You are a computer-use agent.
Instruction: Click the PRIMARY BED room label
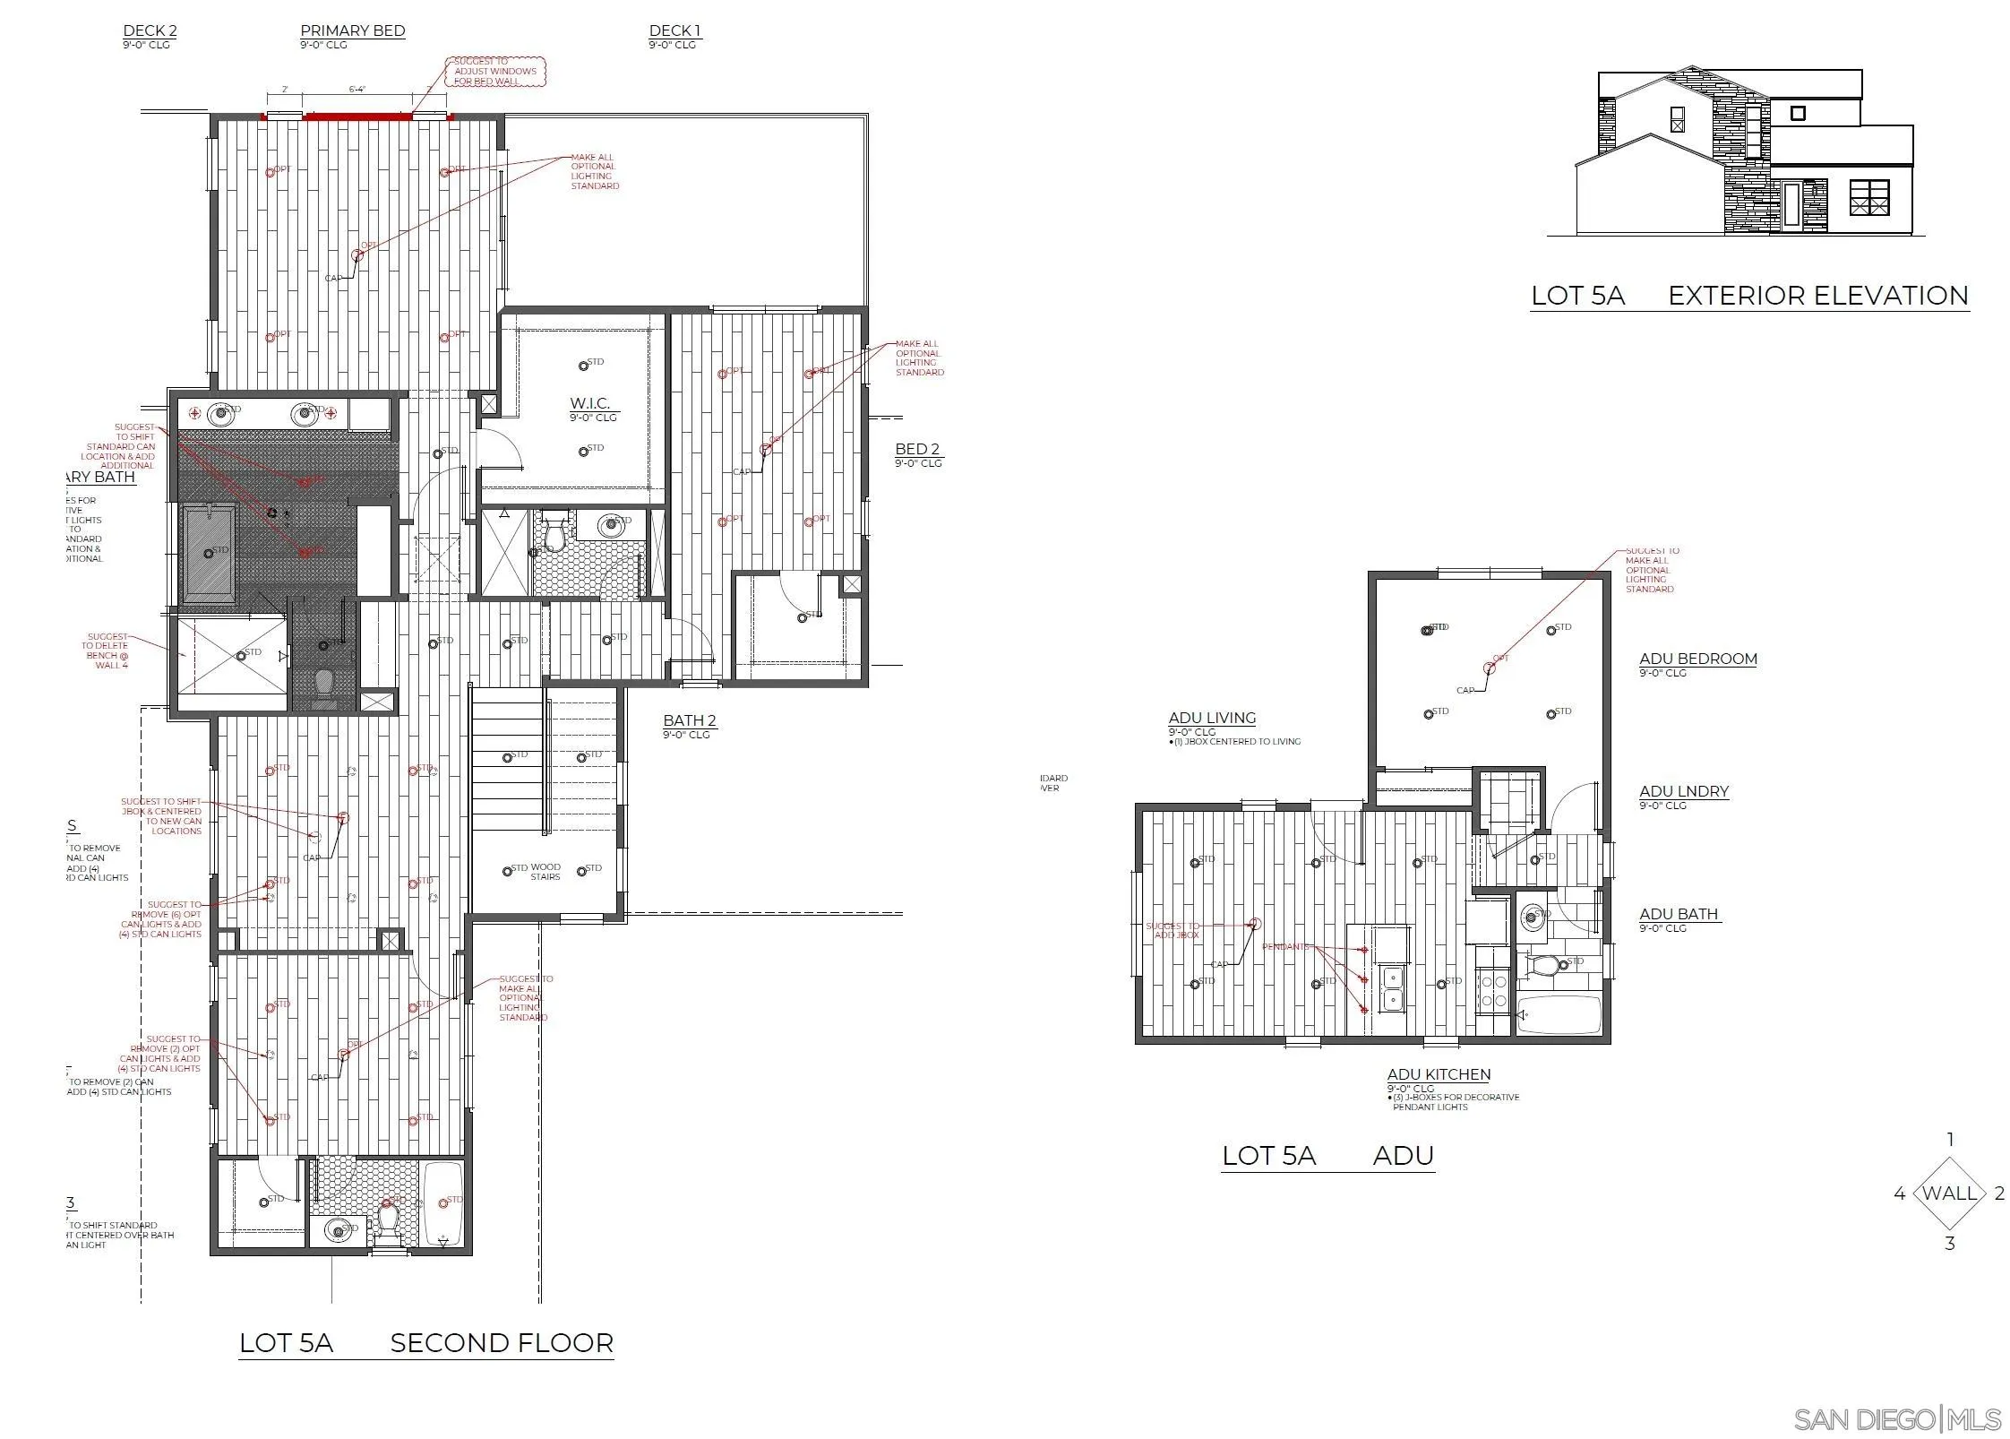pos(352,30)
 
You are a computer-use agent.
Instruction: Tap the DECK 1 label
pos(674,30)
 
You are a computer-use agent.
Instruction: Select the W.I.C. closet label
pos(589,403)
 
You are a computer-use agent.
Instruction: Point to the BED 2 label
pos(917,449)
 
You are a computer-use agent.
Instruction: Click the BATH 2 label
pos(689,720)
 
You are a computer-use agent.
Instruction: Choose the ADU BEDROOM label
pos(1697,659)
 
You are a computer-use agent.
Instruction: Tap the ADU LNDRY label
pos(1683,791)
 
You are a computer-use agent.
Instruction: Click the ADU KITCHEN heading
pos(1439,1074)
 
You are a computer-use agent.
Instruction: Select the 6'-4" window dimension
pos(356,89)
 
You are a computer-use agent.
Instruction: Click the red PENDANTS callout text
pos(1284,946)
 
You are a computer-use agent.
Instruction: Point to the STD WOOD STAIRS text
pos(536,871)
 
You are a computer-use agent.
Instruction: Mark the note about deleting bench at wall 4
pos(106,651)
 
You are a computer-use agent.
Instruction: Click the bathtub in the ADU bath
pos(1559,1014)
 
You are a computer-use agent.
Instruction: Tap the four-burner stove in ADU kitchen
pos(1492,991)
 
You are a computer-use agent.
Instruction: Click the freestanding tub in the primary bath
pos(210,553)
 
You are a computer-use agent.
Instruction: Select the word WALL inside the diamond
pos(1949,1193)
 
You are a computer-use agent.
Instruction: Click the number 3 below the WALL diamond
pos(1949,1244)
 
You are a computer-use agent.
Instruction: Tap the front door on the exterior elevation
pos(1791,203)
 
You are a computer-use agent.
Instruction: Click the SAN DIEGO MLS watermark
pos(1897,1419)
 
